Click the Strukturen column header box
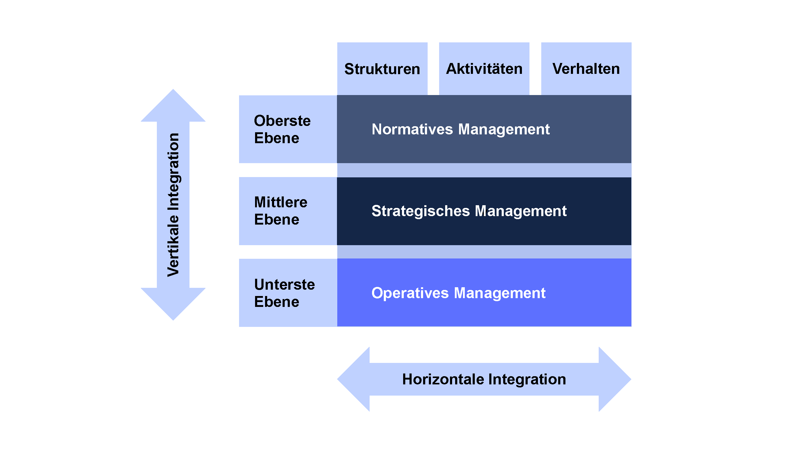pyautogui.click(x=382, y=69)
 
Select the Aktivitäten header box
pyautogui.click(x=484, y=69)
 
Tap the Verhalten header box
pyautogui.click(x=586, y=69)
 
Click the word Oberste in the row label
pyautogui.click(x=282, y=121)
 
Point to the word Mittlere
pyautogui.click(x=281, y=202)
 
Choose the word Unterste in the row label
pyautogui.click(x=284, y=285)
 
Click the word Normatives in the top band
pyautogui.click(x=412, y=129)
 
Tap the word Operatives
pyautogui.click(x=410, y=293)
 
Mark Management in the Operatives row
pyautogui.click(x=500, y=294)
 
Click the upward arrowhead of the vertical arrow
pyautogui.click(x=173, y=105)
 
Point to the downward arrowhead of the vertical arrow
pyautogui.click(x=173, y=304)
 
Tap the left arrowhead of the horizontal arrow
pyautogui.click(x=353, y=379)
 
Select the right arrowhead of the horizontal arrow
pyautogui.click(x=615, y=379)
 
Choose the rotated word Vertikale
pyautogui.click(x=173, y=246)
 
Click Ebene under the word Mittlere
pyautogui.click(x=277, y=219)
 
